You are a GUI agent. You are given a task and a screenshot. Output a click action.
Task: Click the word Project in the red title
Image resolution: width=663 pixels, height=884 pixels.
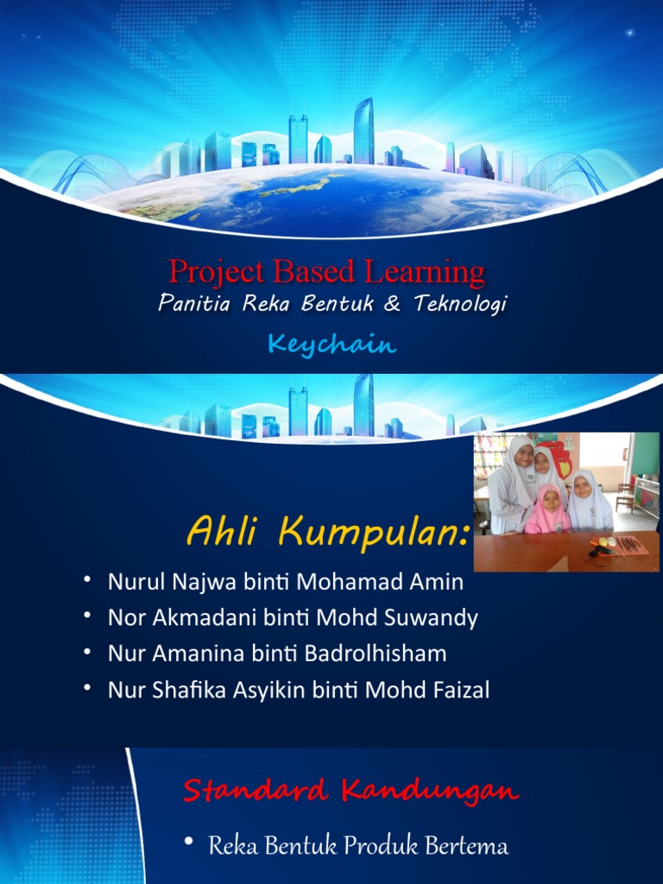(217, 273)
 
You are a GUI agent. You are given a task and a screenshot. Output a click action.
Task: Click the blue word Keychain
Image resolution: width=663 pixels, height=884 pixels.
(331, 345)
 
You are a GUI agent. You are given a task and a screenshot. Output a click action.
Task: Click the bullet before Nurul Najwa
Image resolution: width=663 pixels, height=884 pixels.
(88, 581)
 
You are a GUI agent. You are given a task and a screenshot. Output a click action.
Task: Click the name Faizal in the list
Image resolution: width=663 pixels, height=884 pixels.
(461, 690)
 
